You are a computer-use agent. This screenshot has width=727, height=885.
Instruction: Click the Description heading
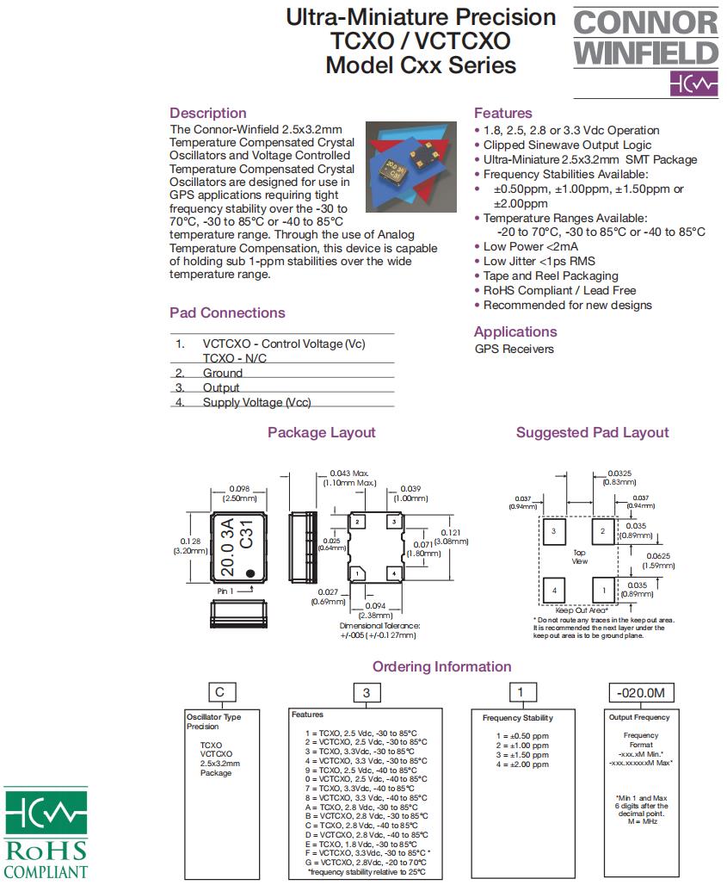tap(207, 113)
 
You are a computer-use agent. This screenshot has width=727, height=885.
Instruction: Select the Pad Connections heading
tap(227, 313)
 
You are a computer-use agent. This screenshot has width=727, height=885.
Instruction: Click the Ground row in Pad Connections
tap(222, 373)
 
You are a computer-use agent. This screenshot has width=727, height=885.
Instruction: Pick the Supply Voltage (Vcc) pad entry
tap(256, 402)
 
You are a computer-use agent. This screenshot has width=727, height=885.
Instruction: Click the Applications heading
tap(515, 331)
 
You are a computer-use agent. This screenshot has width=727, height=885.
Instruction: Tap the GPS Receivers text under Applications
tap(514, 349)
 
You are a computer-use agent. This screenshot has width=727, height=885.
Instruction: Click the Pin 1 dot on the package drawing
tap(250, 572)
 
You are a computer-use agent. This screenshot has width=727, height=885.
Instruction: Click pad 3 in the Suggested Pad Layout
tap(554, 532)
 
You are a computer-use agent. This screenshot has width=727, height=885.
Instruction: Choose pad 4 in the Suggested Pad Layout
tap(554, 591)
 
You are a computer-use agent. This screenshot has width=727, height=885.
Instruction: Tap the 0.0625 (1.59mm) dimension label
tap(662, 561)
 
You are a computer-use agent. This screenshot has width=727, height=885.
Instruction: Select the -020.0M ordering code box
tap(642, 693)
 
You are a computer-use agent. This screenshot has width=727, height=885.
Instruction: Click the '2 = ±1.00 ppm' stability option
tap(522, 746)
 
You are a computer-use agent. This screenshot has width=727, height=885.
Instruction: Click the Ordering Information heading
tap(441, 666)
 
